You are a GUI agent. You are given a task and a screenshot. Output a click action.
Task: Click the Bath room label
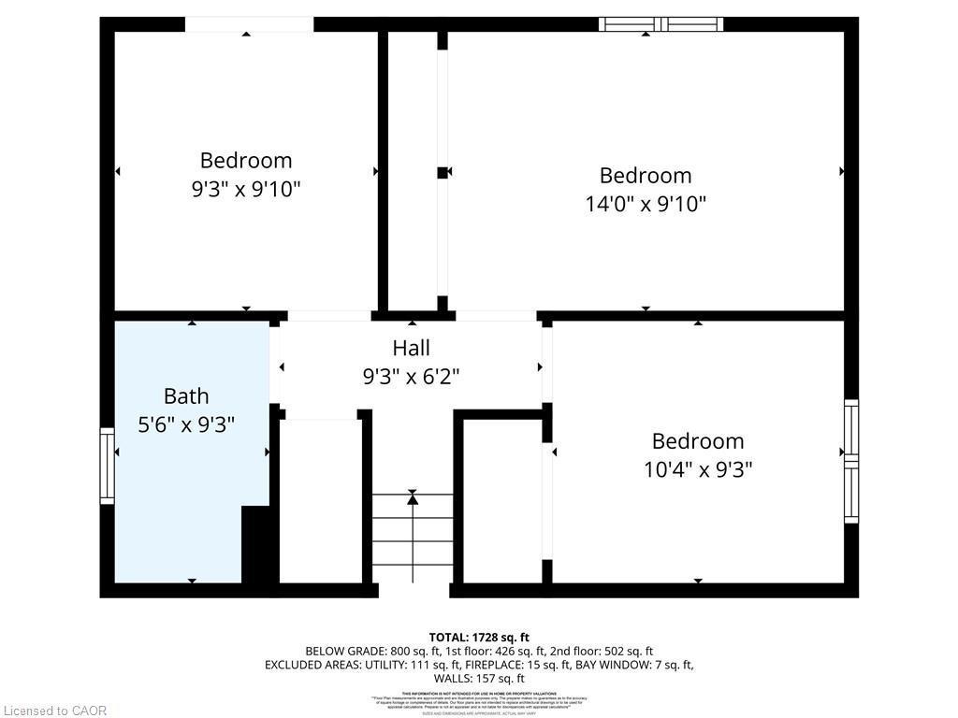pyautogui.click(x=186, y=395)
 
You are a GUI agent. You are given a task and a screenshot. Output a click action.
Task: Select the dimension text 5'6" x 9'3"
pyautogui.click(x=186, y=424)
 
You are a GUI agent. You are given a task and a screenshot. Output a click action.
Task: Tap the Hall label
pyautogui.click(x=411, y=348)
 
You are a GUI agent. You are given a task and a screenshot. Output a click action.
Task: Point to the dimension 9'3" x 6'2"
pyautogui.click(x=411, y=377)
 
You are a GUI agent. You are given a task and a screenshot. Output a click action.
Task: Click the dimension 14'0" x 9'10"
pyautogui.click(x=646, y=204)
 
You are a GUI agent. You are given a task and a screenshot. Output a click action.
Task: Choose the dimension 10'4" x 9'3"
pyautogui.click(x=698, y=469)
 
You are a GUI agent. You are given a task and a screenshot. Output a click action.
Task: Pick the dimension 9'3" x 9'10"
pyautogui.click(x=246, y=189)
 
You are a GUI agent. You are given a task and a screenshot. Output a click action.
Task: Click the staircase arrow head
pyautogui.click(x=413, y=499)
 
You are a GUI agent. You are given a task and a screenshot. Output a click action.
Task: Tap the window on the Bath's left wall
pyautogui.click(x=107, y=466)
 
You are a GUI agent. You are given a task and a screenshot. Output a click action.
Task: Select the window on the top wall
pyautogui.click(x=660, y=23)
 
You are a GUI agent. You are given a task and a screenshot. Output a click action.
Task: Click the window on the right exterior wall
pyautogui.click(x=850, y=461)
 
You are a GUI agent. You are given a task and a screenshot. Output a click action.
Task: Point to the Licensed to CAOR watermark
pyautogui.click(x=54, y=711)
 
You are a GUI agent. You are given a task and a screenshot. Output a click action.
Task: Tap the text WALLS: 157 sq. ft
pyautogui.click(x=479, y=679)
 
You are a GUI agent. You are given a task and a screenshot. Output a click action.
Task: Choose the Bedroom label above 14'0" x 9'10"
pyautogui.click(x=646, y=175)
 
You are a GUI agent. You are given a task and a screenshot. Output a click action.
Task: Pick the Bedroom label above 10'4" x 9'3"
pyautogui.click(x=698, y=440)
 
